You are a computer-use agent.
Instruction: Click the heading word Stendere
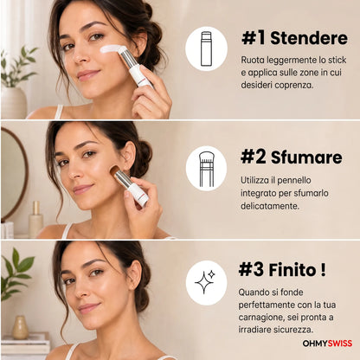[309, 39]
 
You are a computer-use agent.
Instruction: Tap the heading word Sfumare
[306, 157]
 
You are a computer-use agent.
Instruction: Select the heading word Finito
[292, 270]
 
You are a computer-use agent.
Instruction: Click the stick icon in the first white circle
[206, 48]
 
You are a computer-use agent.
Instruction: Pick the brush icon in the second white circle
[206, 169]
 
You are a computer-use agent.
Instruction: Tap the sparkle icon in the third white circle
[205, 282]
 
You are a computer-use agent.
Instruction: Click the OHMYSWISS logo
[327, 344]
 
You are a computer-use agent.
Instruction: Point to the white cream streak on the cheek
[112, 48]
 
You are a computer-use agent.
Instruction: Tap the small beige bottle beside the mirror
[36, 219]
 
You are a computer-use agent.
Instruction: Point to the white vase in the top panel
[13, 102]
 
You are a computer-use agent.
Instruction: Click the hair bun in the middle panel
[144, 158]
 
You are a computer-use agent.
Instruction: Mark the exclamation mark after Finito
[323, 270]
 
